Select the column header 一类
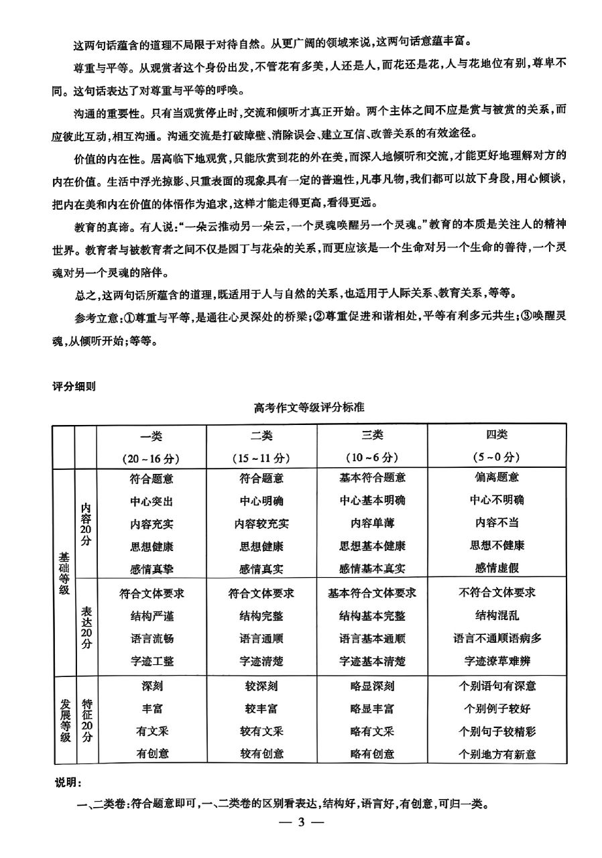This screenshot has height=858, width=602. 152,435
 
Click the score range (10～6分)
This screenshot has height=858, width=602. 372,458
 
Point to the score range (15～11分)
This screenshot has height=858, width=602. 261,458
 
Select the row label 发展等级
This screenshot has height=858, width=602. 64,719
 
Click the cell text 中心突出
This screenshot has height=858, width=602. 152,500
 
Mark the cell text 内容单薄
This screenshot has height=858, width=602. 372,523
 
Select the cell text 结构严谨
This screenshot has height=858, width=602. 152,615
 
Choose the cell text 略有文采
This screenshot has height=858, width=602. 372,731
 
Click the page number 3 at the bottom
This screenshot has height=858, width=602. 301,822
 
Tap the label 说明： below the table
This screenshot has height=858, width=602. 69,783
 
